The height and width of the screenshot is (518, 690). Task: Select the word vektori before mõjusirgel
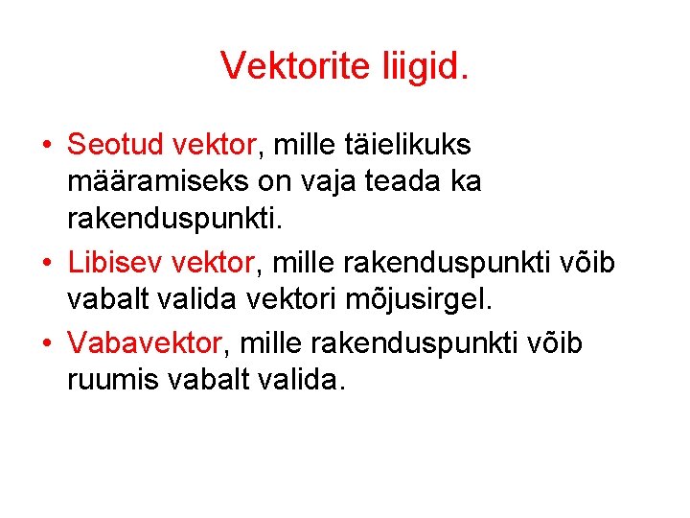[x=308, y=299]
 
